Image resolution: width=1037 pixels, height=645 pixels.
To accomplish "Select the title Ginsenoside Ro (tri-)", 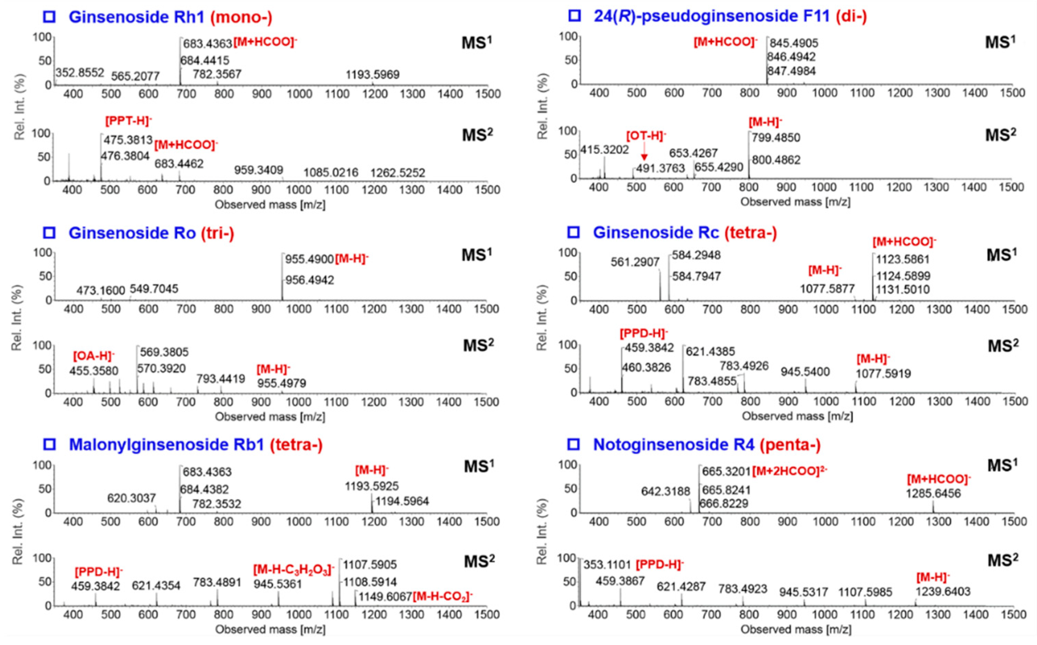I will [151, 233].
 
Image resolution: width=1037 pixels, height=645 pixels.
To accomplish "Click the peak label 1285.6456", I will [933, 494].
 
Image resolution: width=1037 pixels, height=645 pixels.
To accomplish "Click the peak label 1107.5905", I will [370, 565].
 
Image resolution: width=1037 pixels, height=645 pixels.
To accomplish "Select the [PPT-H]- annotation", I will [129, 121].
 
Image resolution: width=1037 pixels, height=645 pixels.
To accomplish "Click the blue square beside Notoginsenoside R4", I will [574, 445].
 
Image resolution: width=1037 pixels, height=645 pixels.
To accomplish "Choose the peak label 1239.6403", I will [943, 592].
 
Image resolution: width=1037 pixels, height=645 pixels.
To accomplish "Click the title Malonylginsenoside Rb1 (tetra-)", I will [196, 445].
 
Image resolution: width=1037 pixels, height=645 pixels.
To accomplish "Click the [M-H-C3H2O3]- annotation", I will [294, 570].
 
